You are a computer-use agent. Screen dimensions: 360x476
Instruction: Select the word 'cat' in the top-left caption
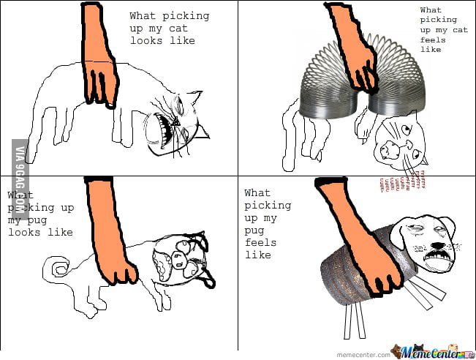[178, 28]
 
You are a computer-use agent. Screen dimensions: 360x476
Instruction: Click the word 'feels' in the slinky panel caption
[431, 40]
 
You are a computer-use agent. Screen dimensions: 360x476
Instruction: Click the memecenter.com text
[369, 354]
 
